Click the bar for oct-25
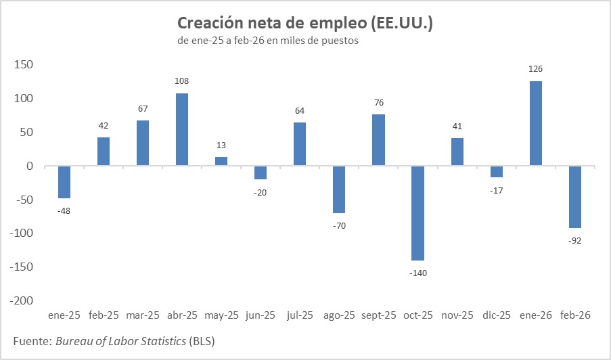(x=417, y=213)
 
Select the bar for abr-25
(x=182, y=129)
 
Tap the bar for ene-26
(x=535, y=123)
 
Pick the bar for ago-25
(x=339, y=189)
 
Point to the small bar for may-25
(x=221, y=161)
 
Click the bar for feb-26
(x=574, y=197)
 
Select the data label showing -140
(x=417, y=273)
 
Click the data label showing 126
(x=535, y=69)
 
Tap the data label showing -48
(x=64, y=210)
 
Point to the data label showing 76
(x=378, y=103)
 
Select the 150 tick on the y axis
(x=25, y=65)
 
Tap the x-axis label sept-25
(x=378, y=315)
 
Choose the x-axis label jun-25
(x=261, y=315)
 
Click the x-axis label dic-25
(x=496, y=315)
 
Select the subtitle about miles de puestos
(x=267, y=41)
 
